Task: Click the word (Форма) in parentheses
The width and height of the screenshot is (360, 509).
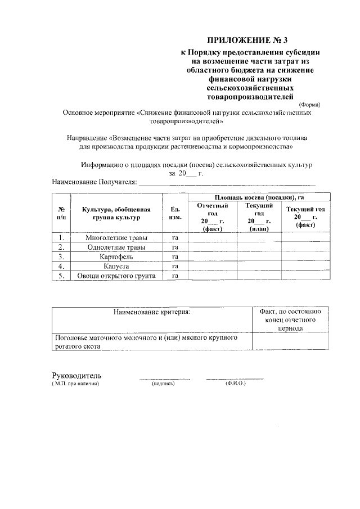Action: click(310, 105)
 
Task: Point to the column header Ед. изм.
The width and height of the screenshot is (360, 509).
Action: click(175, 213)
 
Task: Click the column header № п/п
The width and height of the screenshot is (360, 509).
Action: click(61, 213)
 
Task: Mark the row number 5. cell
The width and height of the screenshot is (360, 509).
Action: click(61, 276)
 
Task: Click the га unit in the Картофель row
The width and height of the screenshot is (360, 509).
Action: click(175, 257)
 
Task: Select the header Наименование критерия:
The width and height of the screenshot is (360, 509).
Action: click(151, 311)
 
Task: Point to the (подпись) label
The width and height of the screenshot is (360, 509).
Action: click(164, 384)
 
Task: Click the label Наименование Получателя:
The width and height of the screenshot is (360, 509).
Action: click(94, 182)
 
